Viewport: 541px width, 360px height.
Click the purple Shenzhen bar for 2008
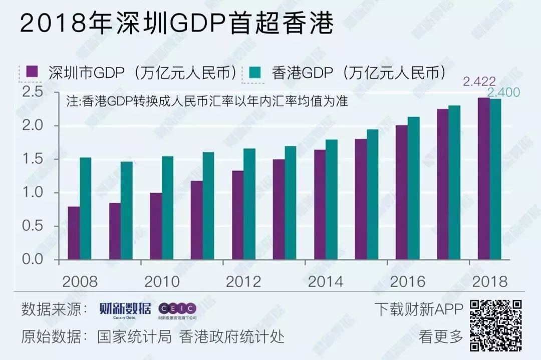tap(74, 233)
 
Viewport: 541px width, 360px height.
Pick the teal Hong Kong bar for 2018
tap(495, 179)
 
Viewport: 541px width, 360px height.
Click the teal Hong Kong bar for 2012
tap(249, 204)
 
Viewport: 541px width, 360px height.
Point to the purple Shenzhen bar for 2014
tap(319, 205)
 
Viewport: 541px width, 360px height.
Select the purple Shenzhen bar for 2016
tap(401, 193)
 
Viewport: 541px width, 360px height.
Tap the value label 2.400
tap(503, 93)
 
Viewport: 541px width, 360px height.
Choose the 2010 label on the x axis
tap(162, 281)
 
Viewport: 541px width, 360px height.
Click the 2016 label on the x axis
tap(407, 281)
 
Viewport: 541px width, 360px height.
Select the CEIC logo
tap(177, 309)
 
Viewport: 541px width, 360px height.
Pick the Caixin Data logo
tap(125, 310)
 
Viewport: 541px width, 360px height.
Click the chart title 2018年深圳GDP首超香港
tap(176, 24)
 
